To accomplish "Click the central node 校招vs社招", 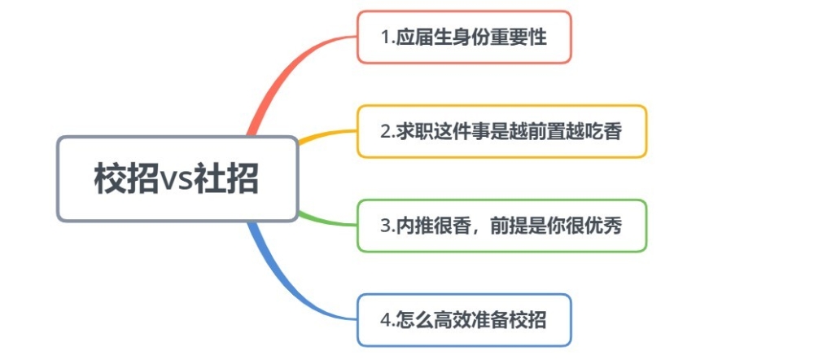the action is point(177,178).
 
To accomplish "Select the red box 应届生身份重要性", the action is point(464,37).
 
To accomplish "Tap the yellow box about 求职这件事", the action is point(501,131).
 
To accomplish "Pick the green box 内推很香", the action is point(501,226).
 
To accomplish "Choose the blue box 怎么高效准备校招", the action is point(464,320).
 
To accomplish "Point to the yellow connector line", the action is point(327,134).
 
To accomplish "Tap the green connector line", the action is point(327,220).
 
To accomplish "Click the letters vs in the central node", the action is point(177,180).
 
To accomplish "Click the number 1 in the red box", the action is point(385,38).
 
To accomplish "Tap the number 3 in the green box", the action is point(385,226).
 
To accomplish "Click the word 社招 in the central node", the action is point(226,178).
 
